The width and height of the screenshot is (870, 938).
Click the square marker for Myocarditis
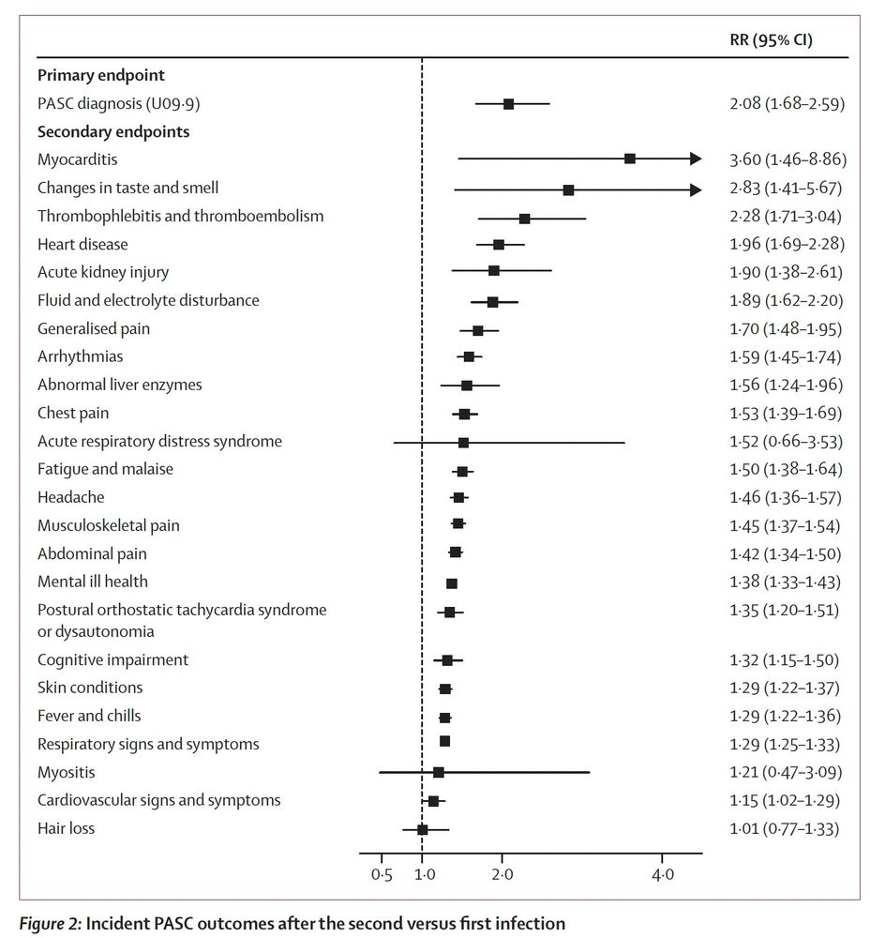630,159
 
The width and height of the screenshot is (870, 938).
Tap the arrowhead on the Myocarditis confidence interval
695,159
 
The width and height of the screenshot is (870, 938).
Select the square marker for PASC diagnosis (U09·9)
508,103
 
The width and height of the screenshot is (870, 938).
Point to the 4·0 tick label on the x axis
662,874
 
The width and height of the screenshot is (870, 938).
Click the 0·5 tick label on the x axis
382,874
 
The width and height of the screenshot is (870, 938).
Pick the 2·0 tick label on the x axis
502,874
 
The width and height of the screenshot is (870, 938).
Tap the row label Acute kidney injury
103,272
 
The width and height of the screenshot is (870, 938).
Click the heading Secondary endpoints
112,131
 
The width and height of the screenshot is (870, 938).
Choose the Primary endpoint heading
101,75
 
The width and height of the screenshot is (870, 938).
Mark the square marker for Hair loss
422,829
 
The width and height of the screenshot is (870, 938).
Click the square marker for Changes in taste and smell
568,189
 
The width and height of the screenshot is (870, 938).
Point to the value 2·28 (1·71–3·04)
787,216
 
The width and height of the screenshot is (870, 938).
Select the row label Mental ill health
92,582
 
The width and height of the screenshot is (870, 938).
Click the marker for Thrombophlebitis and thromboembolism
524,218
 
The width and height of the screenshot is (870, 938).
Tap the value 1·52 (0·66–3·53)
787,441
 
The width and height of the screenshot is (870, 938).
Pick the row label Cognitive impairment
112,659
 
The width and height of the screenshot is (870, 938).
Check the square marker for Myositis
438,772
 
